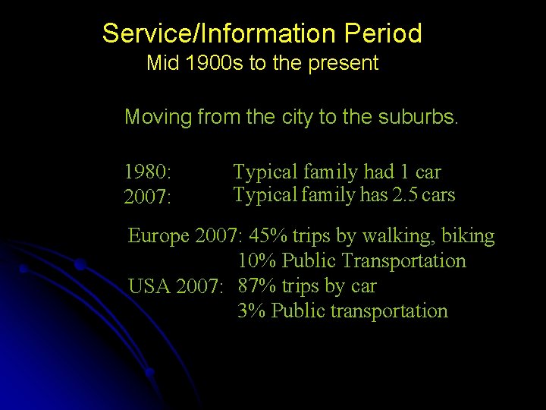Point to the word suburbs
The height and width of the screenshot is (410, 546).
tap(421, 117)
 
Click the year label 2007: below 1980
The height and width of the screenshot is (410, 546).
tap(147, 197)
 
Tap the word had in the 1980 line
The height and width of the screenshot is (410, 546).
tap(377, 172)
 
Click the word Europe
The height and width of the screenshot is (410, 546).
tap(158, 236)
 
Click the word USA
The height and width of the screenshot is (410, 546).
tap(149, 287)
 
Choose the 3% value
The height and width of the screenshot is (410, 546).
tap(251, 311)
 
